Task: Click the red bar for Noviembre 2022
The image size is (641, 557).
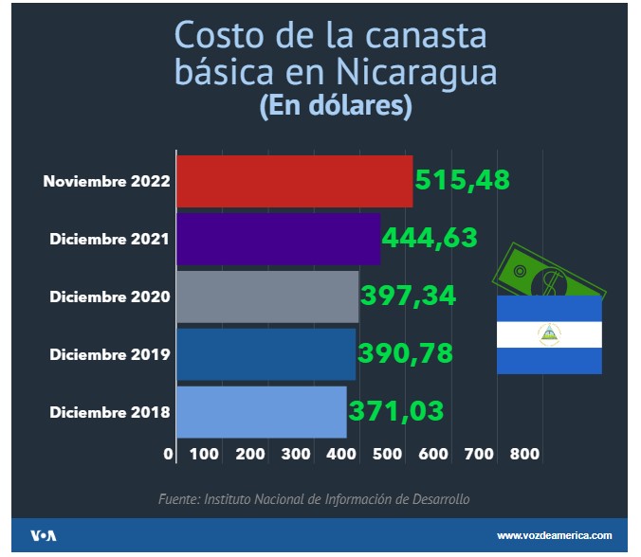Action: coord(295,181)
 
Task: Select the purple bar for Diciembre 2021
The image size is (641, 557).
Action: coord(279,240)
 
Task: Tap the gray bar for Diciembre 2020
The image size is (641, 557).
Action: coord(267,296)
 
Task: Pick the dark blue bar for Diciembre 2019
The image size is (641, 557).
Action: coord(266,354)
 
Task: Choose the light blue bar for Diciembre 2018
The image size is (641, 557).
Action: coord(262,412)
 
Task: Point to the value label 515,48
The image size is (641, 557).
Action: coord(463,179)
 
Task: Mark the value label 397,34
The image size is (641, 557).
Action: coord(408,295)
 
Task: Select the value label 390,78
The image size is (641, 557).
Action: coord(405,352)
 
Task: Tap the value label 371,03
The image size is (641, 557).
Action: coord(395,411)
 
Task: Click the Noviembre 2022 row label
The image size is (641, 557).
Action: coord(106,181)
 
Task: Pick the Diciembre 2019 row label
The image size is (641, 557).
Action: coord(110,354)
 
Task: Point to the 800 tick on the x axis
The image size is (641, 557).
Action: coord(524,454)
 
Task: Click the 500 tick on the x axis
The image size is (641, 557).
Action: coord(389,454)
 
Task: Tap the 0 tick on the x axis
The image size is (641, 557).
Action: coord(169,454)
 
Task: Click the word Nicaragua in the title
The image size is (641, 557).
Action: coord(414,73)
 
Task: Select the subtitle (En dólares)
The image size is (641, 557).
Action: coord(335,107)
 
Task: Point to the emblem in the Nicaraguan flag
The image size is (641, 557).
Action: coord(549,333)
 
